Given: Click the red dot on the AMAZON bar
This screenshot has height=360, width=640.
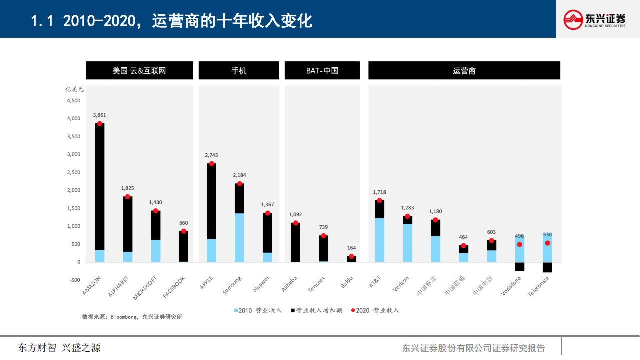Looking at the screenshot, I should [100, 123].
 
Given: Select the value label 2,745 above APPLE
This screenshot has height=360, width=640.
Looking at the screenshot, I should [211, 155].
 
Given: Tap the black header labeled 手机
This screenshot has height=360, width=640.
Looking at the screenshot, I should [239, 71].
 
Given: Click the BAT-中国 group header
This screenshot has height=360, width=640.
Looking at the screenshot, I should [322, 71].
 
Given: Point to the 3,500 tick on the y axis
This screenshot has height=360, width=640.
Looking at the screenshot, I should [73, 136].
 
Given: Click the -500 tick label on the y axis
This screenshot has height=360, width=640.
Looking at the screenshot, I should [73, 280].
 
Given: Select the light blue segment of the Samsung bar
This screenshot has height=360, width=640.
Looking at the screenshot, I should [239, 237].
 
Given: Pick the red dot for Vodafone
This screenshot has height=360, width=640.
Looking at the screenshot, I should [519, 244].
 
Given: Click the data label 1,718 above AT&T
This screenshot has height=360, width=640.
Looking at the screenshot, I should [379, 192].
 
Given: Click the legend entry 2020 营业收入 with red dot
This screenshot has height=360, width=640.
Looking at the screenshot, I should [375, 310].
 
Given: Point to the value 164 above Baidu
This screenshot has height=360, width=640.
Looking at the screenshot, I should [351, 248].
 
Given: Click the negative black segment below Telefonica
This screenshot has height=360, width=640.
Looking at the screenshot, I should [547, 267].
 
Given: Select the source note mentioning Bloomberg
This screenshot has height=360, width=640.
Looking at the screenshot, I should [132, 317].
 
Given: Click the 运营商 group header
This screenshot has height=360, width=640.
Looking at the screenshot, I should [464, 71].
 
